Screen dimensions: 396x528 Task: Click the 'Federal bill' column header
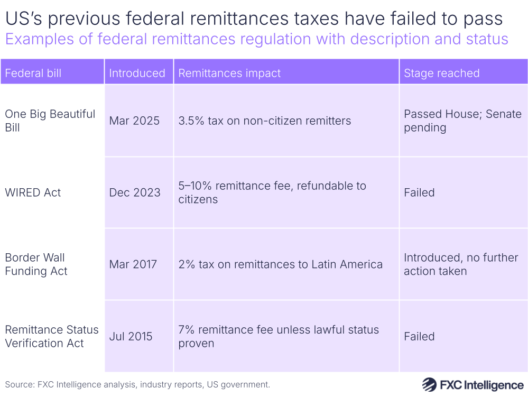click(x=33, y=73)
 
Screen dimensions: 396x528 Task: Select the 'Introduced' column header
click(x=137, y=73)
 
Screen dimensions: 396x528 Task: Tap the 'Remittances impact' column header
click(x=229, y=73)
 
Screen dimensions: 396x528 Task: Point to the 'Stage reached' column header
click(x=441, y=73)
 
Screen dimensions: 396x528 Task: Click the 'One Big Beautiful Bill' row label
click(x=50, y=121)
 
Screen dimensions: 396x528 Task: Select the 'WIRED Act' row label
click(x=33, y=192)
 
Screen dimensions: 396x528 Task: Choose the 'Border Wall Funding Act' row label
click(x=36, y=264)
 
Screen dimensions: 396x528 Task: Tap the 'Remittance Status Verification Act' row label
click(x=52, y=336)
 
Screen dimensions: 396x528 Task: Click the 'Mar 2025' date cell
click(x=134, y=121)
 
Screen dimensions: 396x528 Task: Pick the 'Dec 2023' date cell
click(x=135, y=192)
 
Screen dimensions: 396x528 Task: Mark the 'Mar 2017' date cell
click(x=133, y=264)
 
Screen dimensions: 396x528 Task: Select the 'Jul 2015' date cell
click(x=131, y=336)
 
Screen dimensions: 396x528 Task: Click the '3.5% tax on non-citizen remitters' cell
click(x=264, y=121)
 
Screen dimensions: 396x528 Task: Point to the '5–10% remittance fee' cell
click(x=272, y=192)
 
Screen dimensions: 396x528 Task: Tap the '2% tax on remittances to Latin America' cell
click(x=280, y=264)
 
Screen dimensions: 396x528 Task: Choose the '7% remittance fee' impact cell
click(x=279, y=336)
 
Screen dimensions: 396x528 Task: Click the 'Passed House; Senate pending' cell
click(x=462, y=121)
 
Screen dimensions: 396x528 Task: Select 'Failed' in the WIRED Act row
click(x=419, y=192)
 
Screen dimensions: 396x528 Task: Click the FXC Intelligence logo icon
click(x=428, y=384)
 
